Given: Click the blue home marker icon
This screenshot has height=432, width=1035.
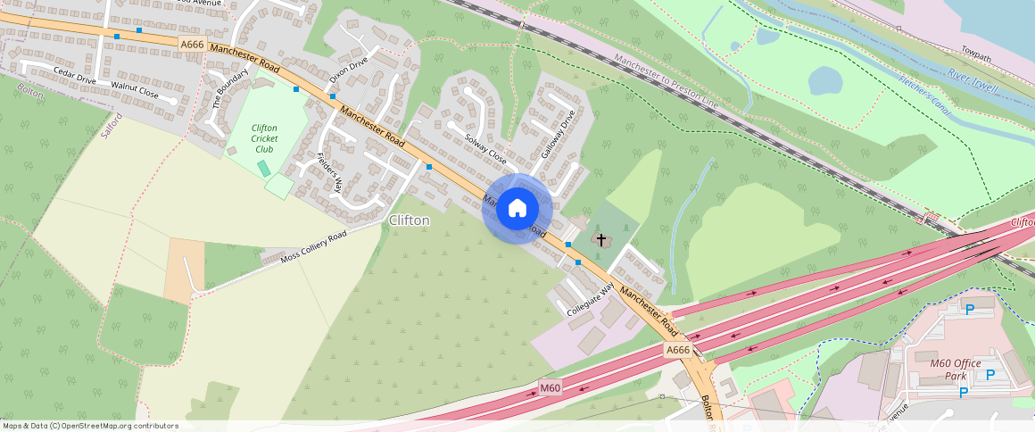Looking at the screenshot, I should (x=517, y=209).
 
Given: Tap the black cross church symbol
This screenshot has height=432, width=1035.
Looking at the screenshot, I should (x=601, y=239).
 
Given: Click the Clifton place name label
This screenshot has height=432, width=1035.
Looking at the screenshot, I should (x=409, y=220).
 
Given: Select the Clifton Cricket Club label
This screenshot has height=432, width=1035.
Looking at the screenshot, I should (x=264, y=138).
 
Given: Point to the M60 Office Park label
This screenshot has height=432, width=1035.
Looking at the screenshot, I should (x=955, y=369).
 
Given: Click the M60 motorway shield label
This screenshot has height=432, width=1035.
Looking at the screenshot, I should (x=551, y=388).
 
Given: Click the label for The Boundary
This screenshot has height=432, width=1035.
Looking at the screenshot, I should (x=219, y=89).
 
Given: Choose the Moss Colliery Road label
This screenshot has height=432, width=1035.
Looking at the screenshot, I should (x=313, y=247).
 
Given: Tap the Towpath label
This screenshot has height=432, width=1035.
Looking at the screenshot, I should (x=976, y=55).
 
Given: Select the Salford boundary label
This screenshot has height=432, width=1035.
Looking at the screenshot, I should (x=111, y=122).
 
